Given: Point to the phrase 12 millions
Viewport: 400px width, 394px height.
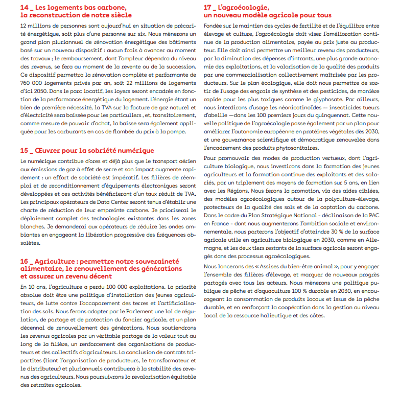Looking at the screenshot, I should coord(34,25).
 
